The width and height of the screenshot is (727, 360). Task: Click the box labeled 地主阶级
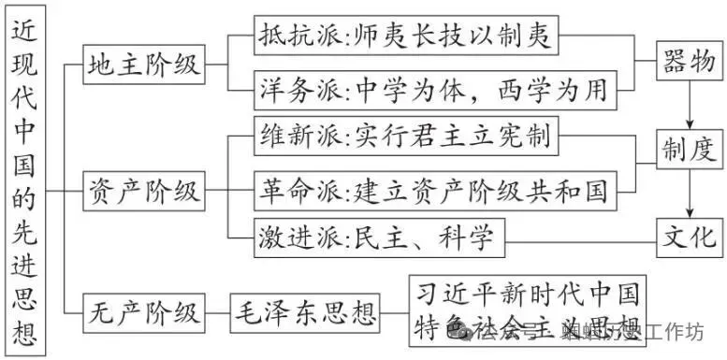143,65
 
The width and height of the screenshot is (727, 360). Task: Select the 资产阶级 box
143,192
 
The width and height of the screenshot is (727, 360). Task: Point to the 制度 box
690,147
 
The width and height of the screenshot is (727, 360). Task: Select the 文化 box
690,232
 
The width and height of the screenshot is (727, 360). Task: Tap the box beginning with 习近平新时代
527,309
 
